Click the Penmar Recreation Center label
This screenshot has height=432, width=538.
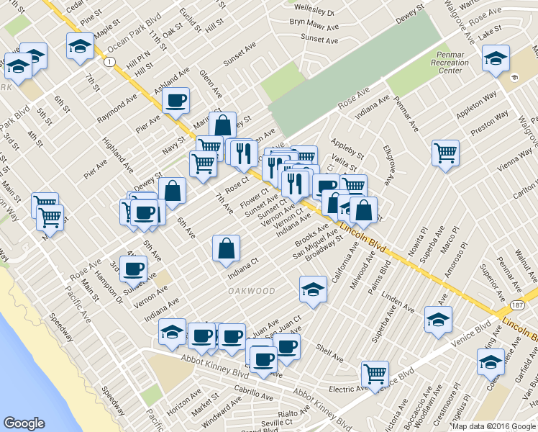450,63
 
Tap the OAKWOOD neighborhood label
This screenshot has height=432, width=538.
252,291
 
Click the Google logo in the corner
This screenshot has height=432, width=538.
24,423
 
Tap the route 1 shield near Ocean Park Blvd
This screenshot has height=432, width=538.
108,63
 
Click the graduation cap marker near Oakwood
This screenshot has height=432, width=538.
313,288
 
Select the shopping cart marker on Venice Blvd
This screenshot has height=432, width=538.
375,373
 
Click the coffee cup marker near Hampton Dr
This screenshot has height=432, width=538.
132,270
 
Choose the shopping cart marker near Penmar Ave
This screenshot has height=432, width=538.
446,152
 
